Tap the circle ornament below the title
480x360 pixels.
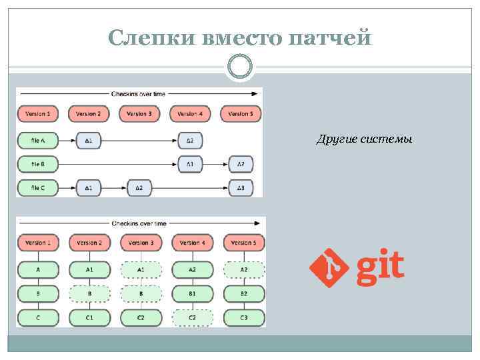pyautogui.click(x=239, y=67)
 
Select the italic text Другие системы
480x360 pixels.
pyautogui.click(x=364, y=139)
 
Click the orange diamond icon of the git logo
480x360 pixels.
pyautogui.click(x=329, y=268)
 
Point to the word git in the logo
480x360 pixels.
pyautogui.click(x=381, y=267)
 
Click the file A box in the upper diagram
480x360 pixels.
pyautogui.click(x=37, y=141)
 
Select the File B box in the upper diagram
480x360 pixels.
pyautogui.click(x=37, y=164)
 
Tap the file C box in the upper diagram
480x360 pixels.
pyautogui.click(x=37, y=189)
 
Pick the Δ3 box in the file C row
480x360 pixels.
pyautogui.click(x=241, y=189)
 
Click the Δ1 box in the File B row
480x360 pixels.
pyautogui.click(x=190, y=164)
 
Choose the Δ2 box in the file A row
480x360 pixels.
pyautogui.click(x=190, y=141)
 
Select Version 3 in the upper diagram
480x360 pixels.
pyautogui.click(x=139, y=114)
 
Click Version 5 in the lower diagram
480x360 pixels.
pyautogui.click(x=244, y=243)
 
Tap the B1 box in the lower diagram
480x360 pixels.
pyautogui.click(x=192, y=293)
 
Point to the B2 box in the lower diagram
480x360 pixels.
pyautogui.click(x=244, y=293)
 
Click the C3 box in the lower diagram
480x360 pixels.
pyautogui.click(x=244, y=318)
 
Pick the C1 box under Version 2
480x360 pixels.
pyautogui.click(x=89, y=318)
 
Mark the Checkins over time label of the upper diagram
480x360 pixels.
pyautogui.click(x=139, y=94)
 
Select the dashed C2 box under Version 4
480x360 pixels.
pyautogui.click(x=192, y=318)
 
